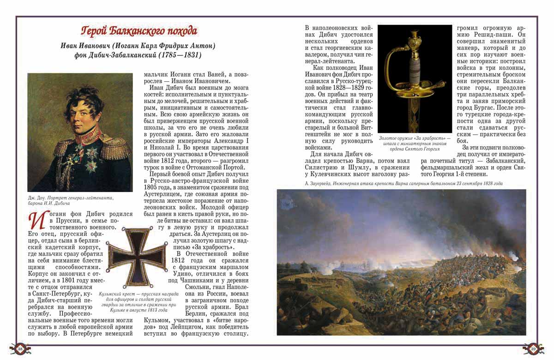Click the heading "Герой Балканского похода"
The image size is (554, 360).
139,31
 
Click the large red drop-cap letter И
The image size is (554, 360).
38,220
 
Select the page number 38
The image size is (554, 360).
20,349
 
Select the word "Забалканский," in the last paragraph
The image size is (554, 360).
501,160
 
